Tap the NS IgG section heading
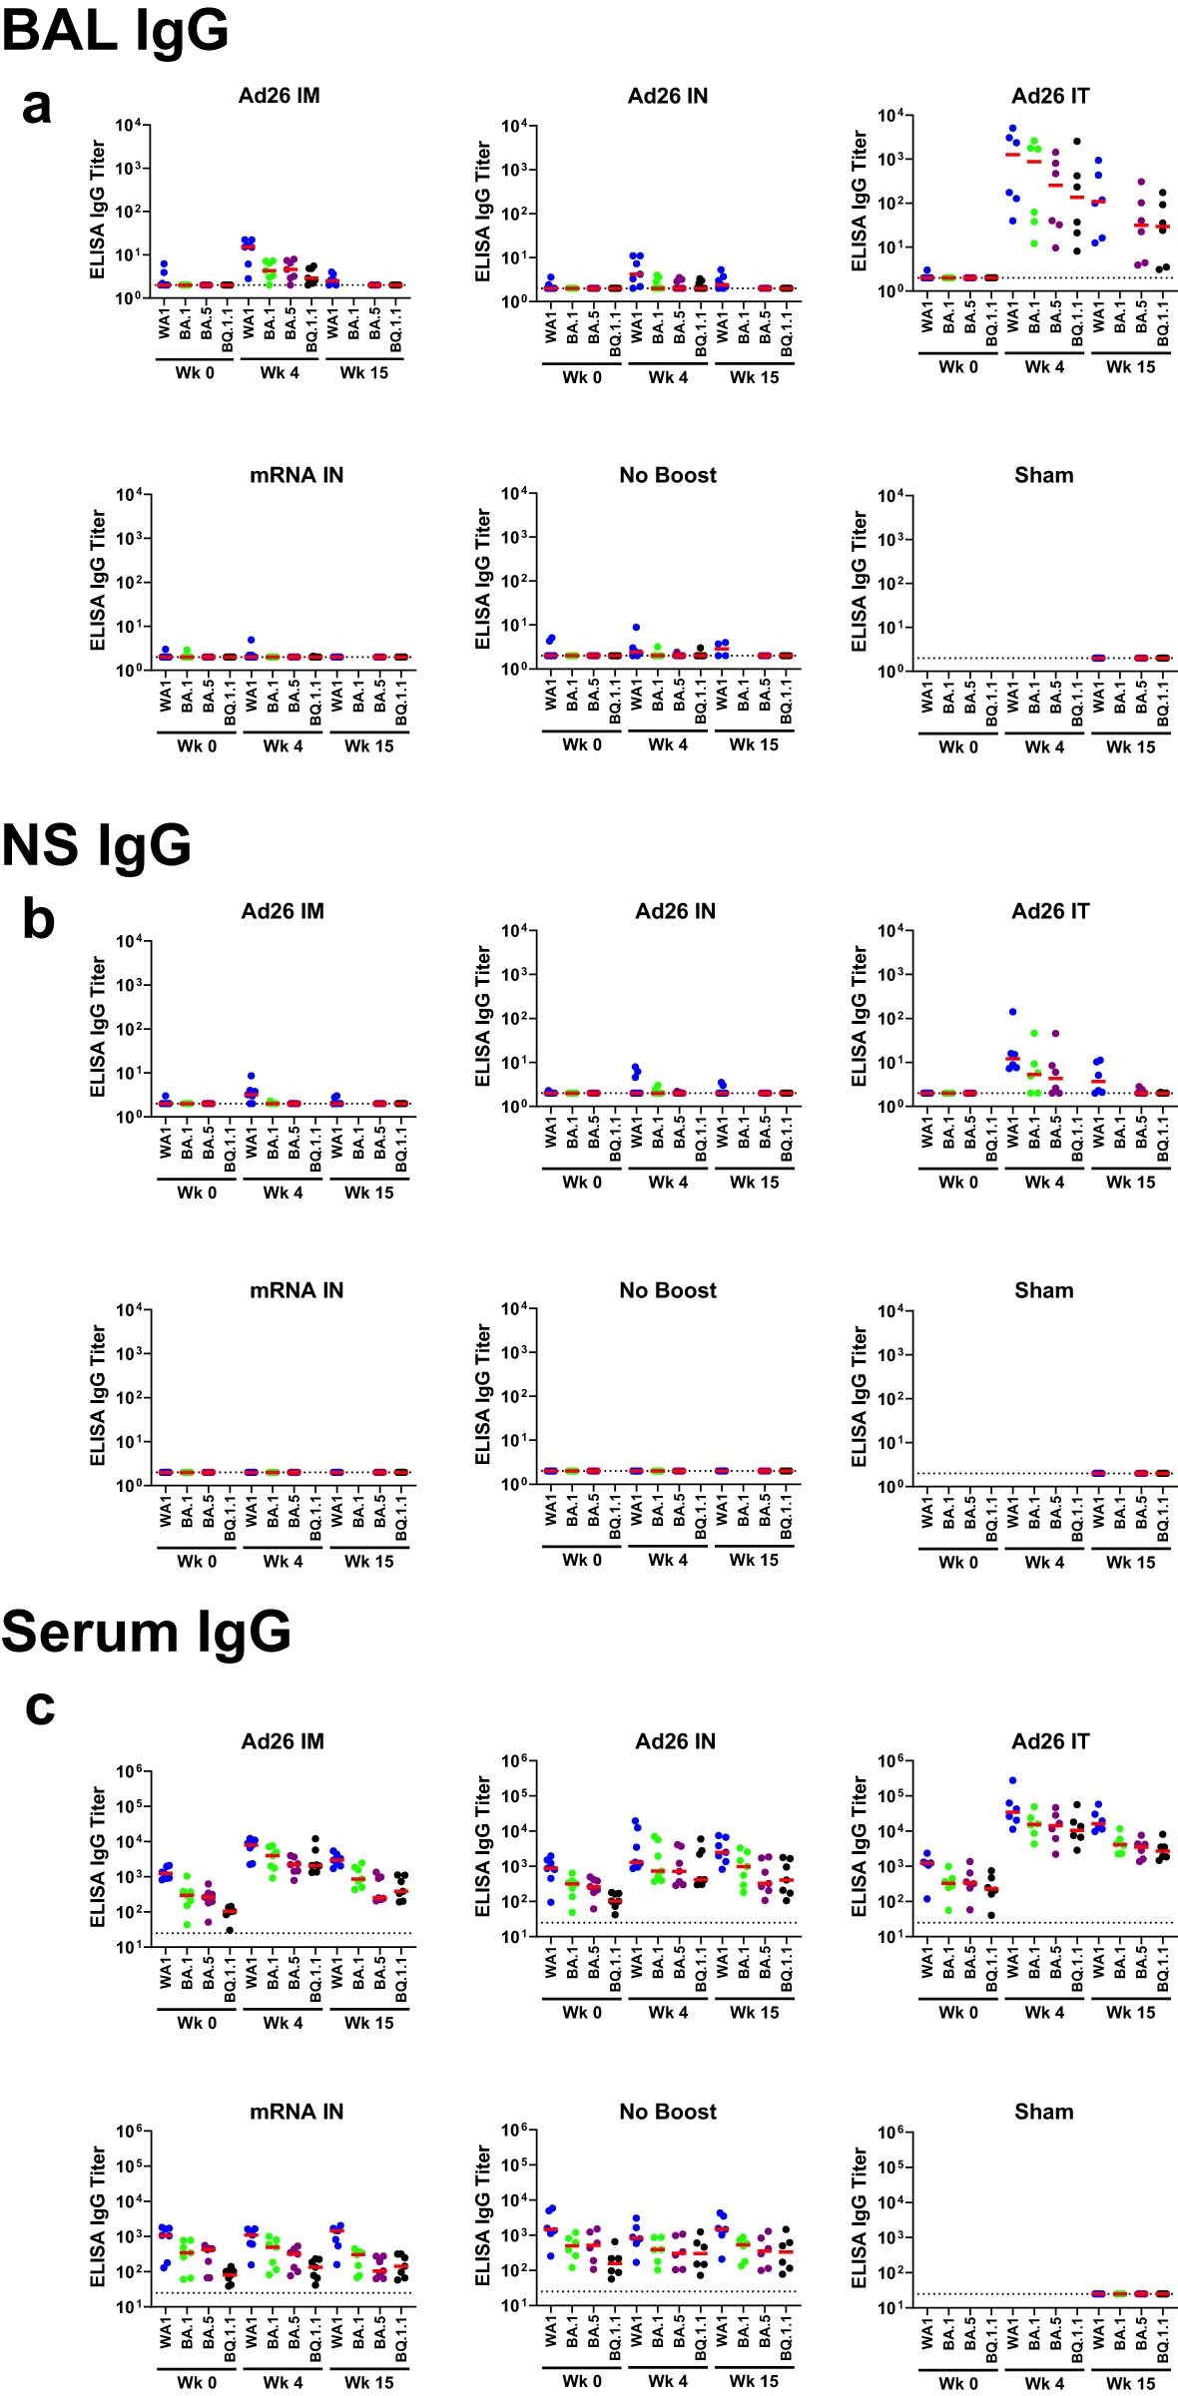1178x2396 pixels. click(96, 845)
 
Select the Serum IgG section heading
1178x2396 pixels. click(146, 1631)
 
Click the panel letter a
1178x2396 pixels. click(36, 106)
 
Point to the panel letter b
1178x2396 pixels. click(38, 919)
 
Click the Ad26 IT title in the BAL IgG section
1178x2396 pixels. click(1050, 96)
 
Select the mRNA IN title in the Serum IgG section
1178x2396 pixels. click(295, 2112)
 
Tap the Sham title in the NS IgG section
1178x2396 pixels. click(1043, 1290)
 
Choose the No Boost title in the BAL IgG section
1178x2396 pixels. click(667, 475)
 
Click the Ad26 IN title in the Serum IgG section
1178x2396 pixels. click(675, 1741)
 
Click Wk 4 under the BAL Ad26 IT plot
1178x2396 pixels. click(1044, 367)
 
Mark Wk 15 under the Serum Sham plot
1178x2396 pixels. click(1130, 2383)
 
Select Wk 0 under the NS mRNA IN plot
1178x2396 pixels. click(197, 1561)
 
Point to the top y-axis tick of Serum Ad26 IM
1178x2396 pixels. click(132, 1772)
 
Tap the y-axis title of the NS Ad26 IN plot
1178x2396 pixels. click(483, 1018)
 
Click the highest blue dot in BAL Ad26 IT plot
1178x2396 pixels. click(1013, 129)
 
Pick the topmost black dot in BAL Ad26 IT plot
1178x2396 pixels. click(1077, 142)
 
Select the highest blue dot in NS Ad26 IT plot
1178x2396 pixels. click(1012, 1012)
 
